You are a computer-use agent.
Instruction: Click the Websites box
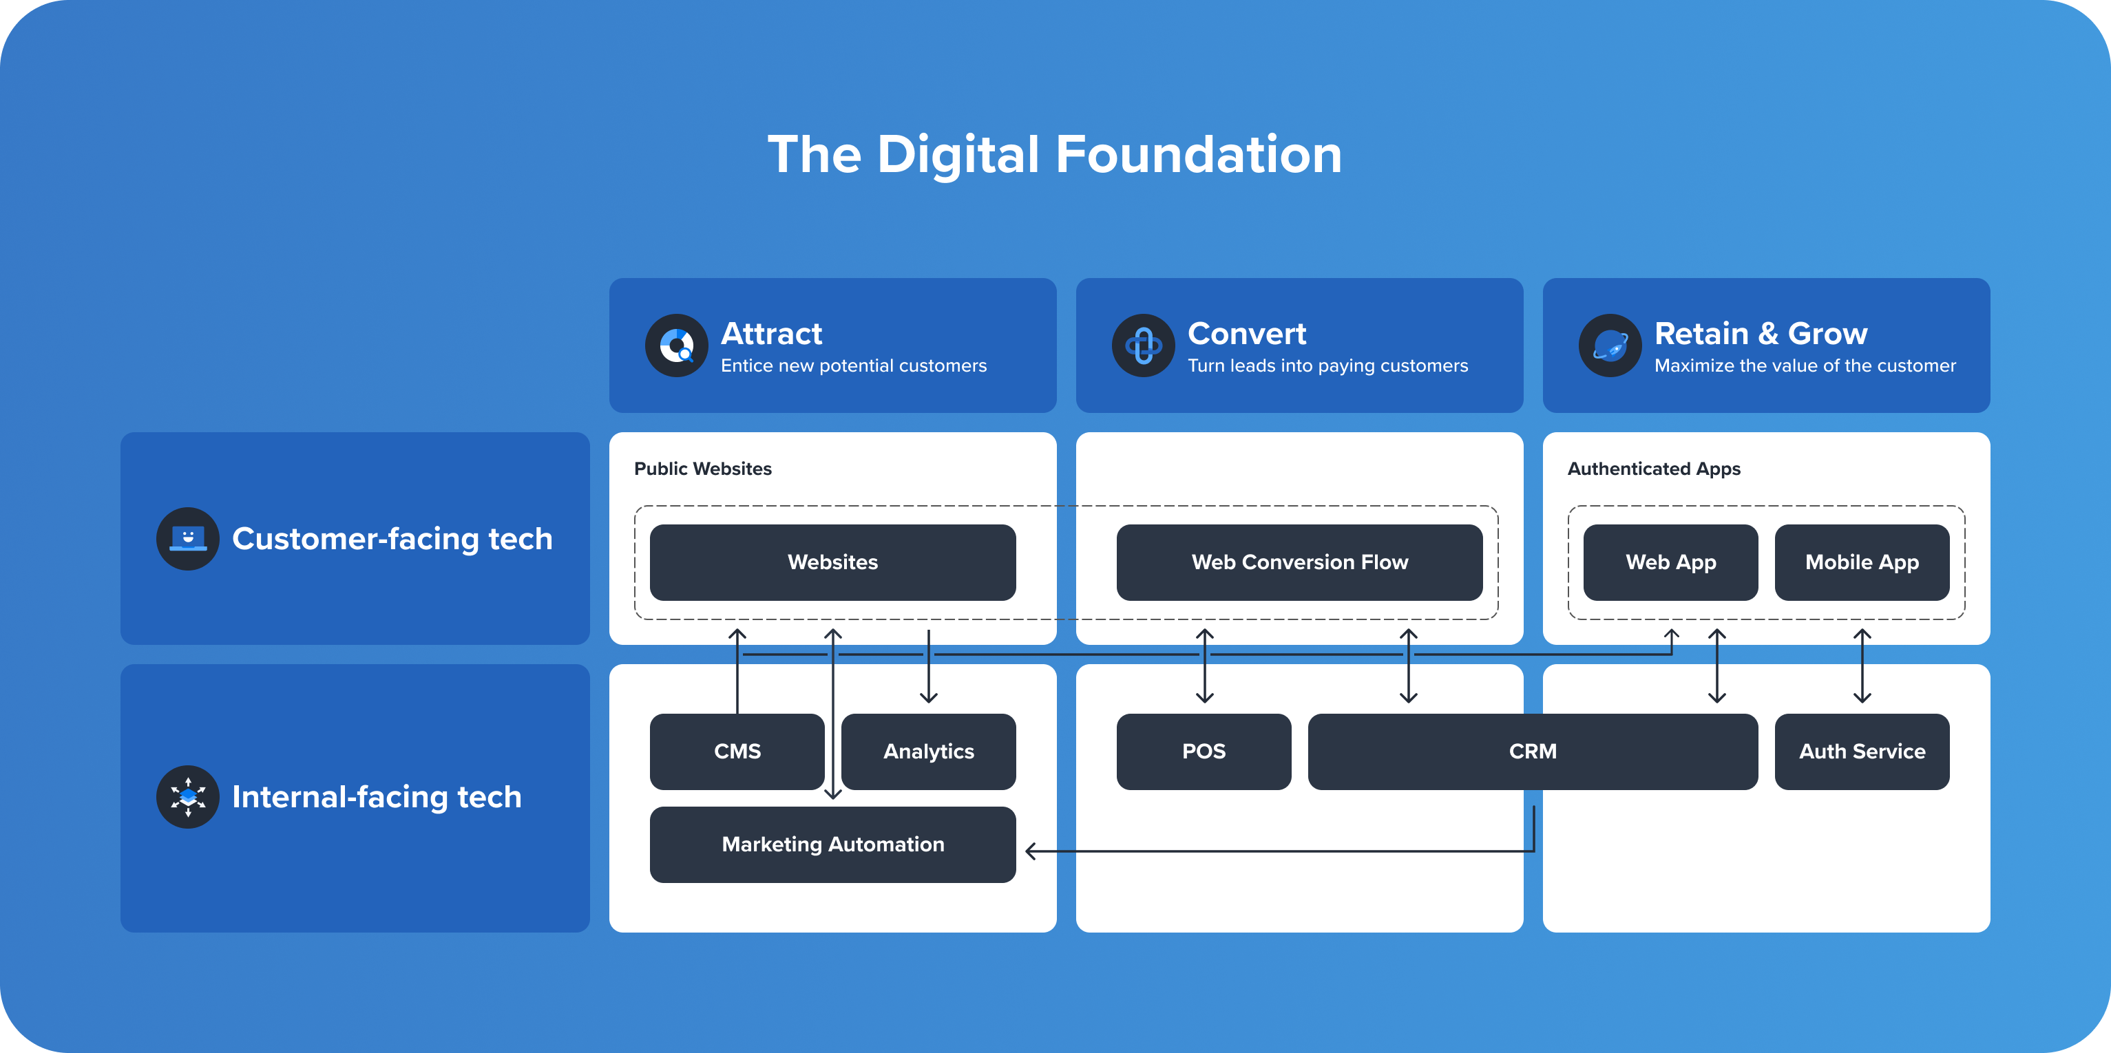pos(832,562)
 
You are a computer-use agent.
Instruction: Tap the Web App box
pos(1670,562)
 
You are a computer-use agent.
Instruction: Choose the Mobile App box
pos(1862,562)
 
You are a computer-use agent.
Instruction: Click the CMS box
pos(737,752)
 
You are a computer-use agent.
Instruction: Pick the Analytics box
pos(929,752)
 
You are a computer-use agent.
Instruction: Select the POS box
pos(1203,752)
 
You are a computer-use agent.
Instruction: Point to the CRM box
pos(1533,752)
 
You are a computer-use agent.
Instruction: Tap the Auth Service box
pos(1862,752)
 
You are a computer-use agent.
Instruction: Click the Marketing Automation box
pos(832,844)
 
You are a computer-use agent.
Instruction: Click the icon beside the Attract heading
pos(676,345)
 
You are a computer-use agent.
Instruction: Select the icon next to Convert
pos(1143,345)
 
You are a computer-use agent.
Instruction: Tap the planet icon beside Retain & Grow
pos(1610,345)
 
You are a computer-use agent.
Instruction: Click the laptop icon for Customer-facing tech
pos(188,538)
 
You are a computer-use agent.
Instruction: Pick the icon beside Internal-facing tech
pos(188,796)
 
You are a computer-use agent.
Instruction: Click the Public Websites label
pos(703,469)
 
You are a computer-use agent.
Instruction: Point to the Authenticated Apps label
pos(1654,469)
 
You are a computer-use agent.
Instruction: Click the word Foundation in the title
pos(1199,154)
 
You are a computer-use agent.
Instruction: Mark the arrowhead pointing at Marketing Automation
pos(1031,851)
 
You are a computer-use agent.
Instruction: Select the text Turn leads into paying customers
pos(1327,365)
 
